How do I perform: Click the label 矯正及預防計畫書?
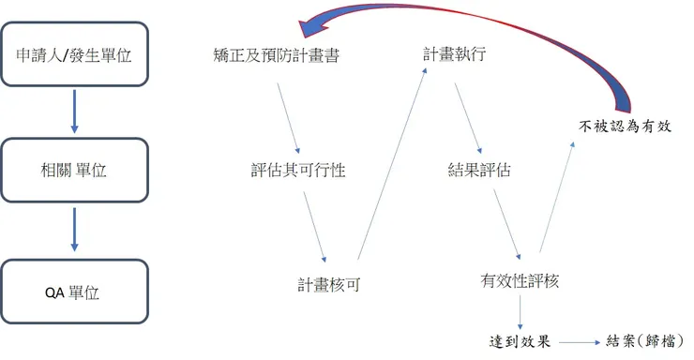(276, 54)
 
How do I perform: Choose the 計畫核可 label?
(329, 284)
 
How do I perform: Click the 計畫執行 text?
(454, 53)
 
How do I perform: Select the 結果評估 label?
(479, 171)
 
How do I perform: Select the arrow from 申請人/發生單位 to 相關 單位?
(74, 112)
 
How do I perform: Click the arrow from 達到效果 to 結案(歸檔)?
(579, 341)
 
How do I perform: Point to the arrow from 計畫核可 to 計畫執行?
(391, 164)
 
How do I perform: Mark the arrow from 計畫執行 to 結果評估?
(467, 117)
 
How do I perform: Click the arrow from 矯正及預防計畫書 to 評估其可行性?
(288, 117)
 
